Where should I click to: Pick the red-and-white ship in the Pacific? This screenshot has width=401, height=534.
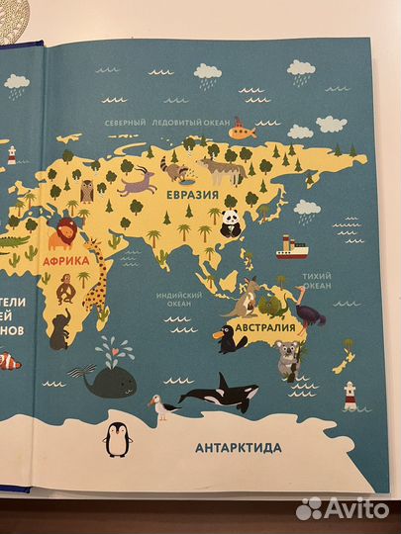coord(288,246)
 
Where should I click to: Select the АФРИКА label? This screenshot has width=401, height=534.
coord(60,262)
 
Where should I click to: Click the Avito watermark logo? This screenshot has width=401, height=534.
coord(343,508)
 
